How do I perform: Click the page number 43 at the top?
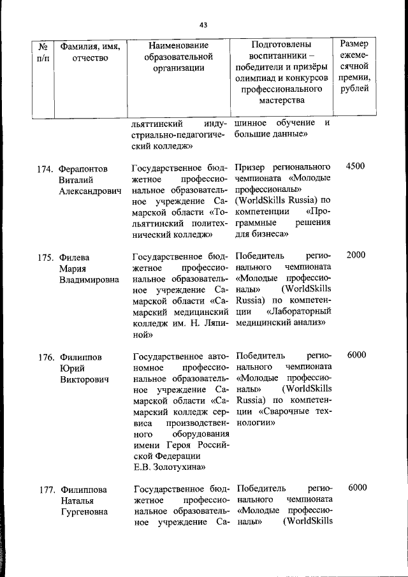coord(203,25)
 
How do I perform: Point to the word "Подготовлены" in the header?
coord(281,46)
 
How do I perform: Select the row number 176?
coord(44,356)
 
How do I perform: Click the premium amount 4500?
coord(355,166)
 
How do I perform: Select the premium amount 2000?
coord(355,255)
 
